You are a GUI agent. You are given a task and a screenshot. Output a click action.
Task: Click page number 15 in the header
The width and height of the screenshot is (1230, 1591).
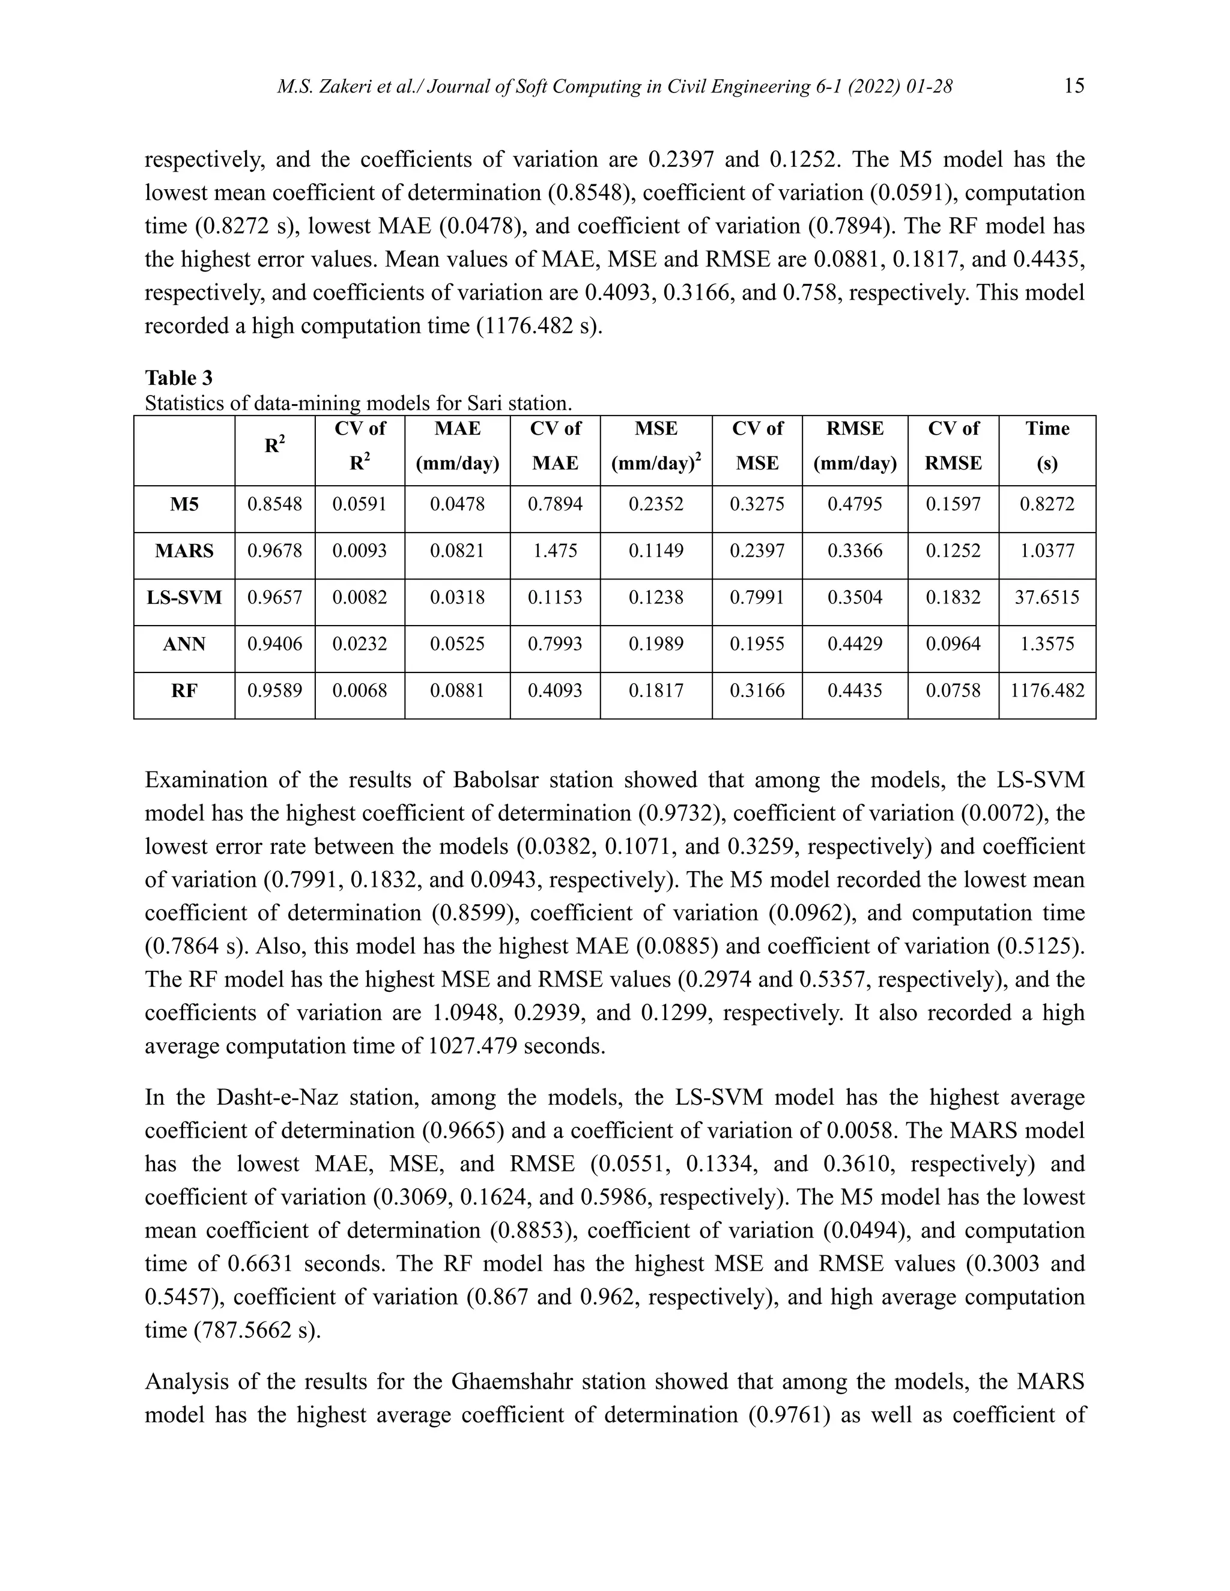tap(1073, 86)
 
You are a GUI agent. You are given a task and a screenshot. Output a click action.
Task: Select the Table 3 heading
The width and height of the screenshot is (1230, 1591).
tap(178, 378)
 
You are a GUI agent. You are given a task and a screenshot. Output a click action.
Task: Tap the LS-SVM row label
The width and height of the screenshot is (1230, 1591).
tap(184, 597)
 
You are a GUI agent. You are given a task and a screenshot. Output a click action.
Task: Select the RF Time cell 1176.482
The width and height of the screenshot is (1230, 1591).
tap(1046, 690)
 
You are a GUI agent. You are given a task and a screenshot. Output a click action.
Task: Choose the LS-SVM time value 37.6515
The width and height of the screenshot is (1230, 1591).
tap(1046, 597)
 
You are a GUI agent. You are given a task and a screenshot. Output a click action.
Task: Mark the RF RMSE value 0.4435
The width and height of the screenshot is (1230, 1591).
tap(854, 690)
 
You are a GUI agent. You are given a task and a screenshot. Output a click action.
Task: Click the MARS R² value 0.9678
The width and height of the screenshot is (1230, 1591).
tap(274, 551)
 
